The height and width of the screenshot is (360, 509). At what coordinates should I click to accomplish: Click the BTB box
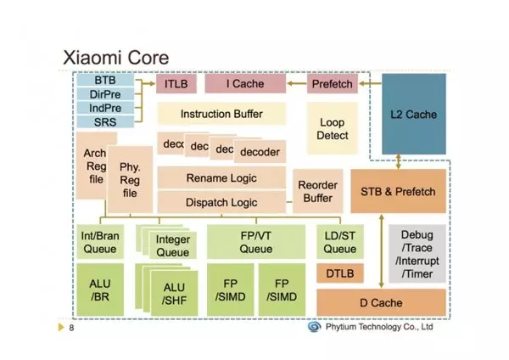click(x=105, y=80)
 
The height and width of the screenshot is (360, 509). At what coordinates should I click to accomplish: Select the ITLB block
click(x=176, y=84)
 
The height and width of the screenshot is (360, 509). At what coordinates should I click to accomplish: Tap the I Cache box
click(x=245, y=84)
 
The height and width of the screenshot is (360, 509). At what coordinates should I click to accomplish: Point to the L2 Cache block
click(x=414, y=114)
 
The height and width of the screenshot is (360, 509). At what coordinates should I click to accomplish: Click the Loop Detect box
click(x=332, y=128)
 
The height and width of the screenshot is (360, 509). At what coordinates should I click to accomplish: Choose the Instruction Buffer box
click(x=221, y=114)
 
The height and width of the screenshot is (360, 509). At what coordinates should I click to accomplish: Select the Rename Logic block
click(x=221, y=177)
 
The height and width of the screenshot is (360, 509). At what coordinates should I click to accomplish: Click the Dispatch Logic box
click(x=221, y=202)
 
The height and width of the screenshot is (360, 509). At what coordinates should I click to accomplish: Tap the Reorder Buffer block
click(x=317, y=191)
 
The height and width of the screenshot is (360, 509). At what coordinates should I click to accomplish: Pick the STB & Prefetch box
click(x=398, y=191)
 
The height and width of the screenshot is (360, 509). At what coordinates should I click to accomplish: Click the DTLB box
click(x=340, y=273)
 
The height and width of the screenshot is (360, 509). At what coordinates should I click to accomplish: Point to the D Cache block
click(x=381, y=302)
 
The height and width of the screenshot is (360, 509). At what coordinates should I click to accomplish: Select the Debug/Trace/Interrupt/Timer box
click(x=417, y=254)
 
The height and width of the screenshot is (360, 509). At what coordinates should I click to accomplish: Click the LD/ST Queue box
click(x=340, y=242)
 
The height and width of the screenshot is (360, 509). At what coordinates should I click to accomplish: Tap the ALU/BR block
click(x=100, y=290)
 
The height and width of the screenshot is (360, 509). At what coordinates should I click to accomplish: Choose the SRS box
click(x=105, y=122)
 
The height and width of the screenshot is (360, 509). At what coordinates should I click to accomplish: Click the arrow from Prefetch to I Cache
click(x=297, y=83)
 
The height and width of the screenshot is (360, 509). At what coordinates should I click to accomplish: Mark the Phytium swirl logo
click(x=314, y=327)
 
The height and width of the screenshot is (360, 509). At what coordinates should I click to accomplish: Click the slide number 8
click(x=71, y=328)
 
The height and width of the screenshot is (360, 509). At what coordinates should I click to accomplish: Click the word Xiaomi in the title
click(x=92, y=58)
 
